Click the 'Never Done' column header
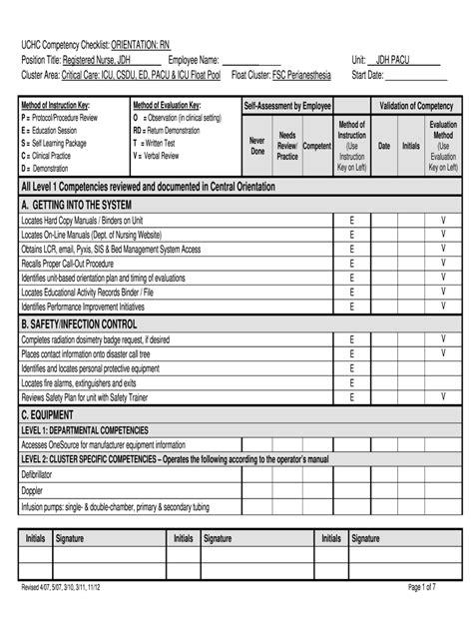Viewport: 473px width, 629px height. pos(256,147)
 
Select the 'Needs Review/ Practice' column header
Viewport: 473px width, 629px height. pos(287,146)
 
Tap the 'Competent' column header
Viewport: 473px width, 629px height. pos(317,146)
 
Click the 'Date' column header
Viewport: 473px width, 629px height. pos(384,146)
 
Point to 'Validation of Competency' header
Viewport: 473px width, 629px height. pos(415,105)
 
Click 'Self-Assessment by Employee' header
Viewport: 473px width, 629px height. pos(287,105)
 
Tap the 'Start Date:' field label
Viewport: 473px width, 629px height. pos(368,74)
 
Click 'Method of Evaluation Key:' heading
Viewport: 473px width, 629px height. pos(168,105)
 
